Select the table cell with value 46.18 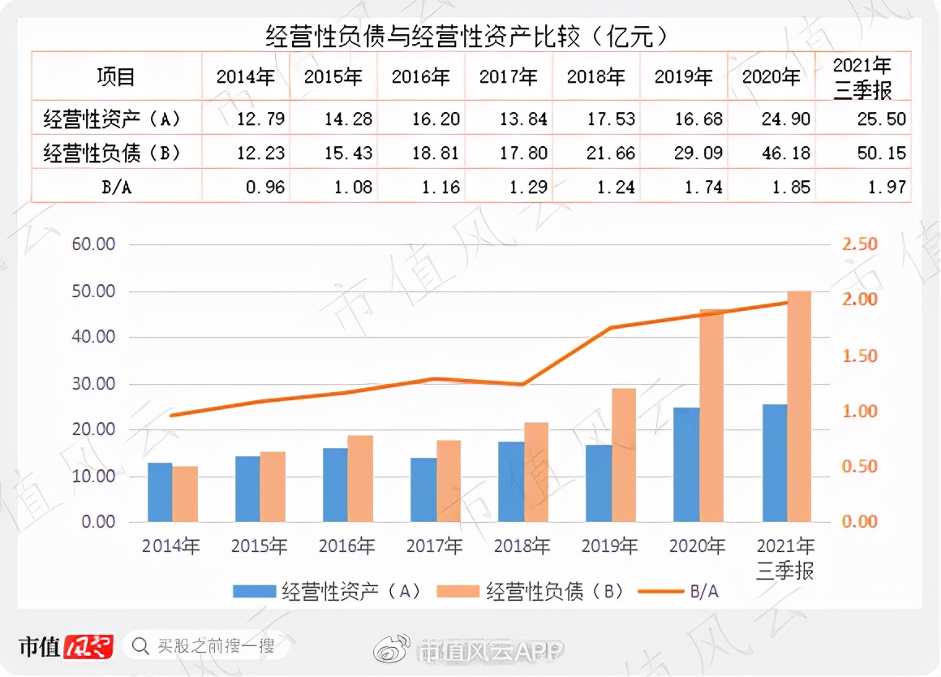772,153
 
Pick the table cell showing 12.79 245,119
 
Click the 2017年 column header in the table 509,77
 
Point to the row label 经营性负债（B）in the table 111,153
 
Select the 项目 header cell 116,77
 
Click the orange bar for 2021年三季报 799,406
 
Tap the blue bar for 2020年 686,464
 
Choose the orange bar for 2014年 185,494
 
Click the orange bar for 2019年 624,455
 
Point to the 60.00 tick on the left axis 95,244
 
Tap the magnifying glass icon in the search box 140,646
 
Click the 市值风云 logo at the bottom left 66,646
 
